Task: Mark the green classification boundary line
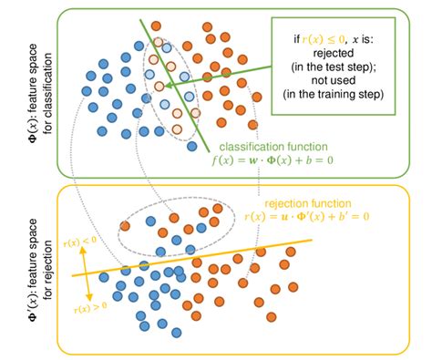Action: tap(173, 82)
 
